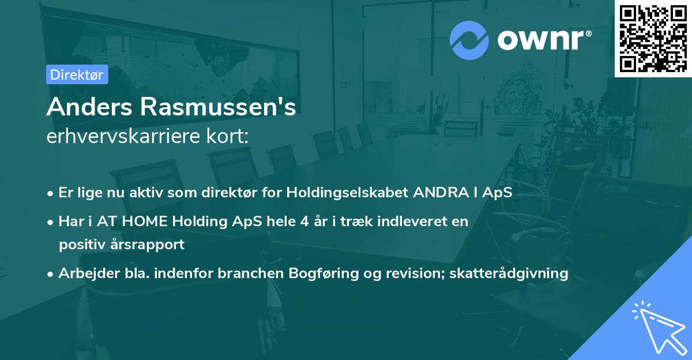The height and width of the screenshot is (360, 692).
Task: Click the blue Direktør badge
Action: (x=77, y=75)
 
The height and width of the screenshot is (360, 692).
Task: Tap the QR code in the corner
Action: (x=653, y=38)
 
